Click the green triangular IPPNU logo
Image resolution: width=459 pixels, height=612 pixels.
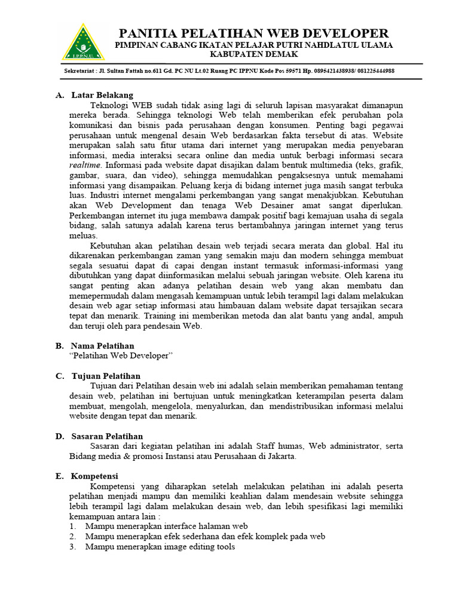click(x=84, y=42)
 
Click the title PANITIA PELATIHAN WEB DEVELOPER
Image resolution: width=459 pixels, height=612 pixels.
click(x=254, y=33)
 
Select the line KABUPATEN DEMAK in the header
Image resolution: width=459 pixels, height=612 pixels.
click(x=254, y=54)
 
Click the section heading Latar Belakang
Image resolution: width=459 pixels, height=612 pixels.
click(x=102, y=95)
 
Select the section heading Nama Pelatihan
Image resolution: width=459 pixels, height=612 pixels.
click(x=103, y=345)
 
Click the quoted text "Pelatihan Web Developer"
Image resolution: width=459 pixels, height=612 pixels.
click(x=121, y=356)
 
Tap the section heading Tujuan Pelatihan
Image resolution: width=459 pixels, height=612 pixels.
click(x=106, y=376)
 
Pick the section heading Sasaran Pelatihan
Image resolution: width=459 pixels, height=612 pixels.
click(x=107, y=436)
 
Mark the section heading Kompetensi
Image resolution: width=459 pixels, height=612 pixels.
click(x=94, y=476)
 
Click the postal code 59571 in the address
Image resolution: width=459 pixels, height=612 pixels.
click(x=293, y=71)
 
